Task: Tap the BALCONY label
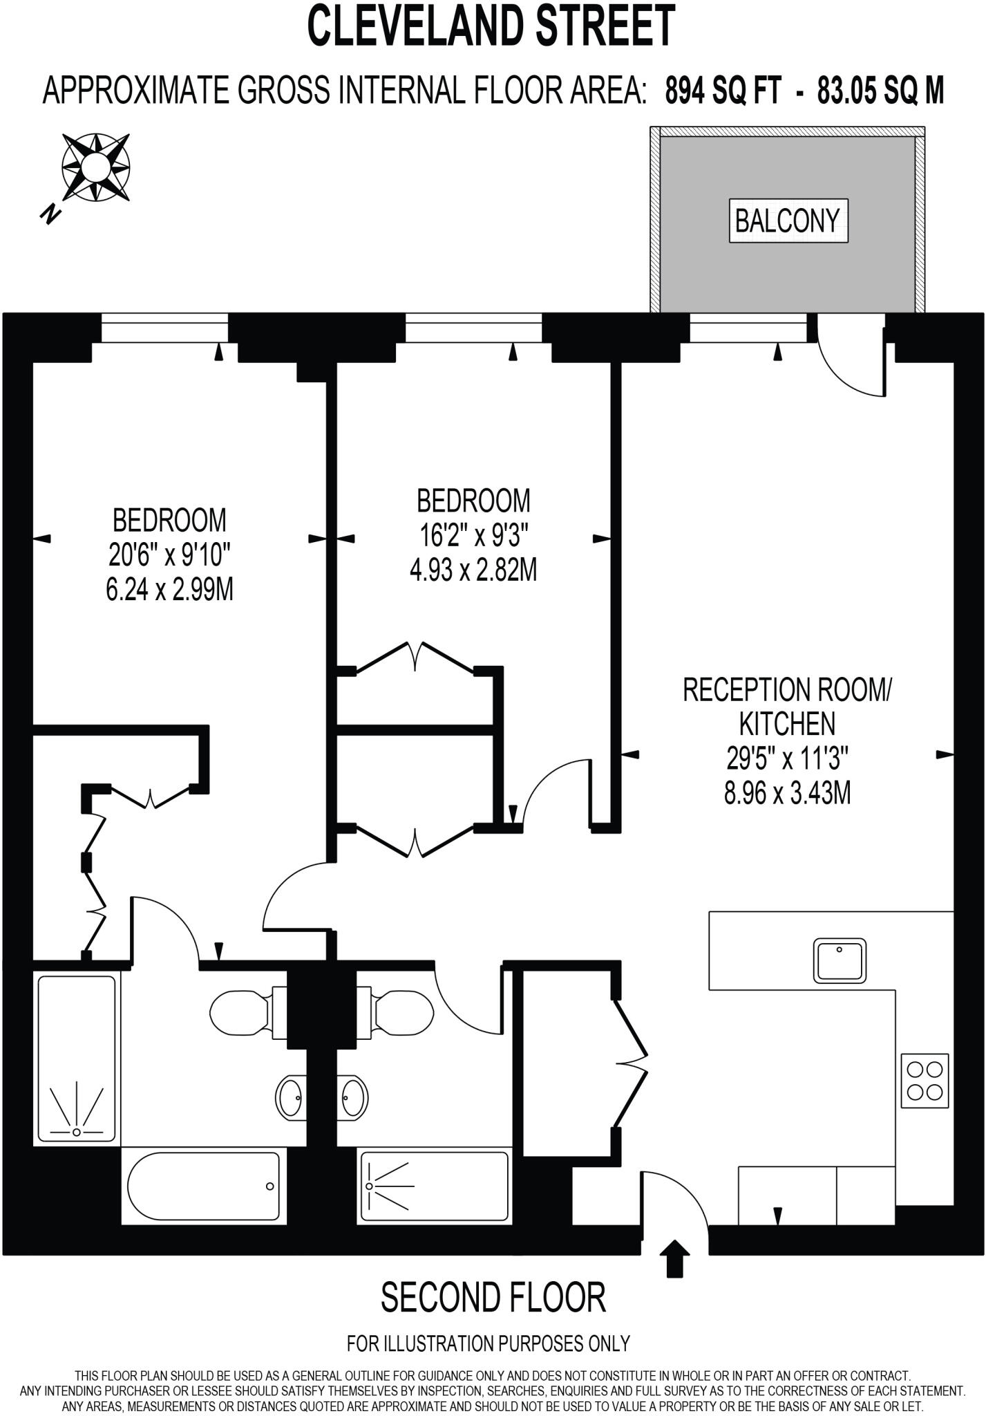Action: (x=788, y=221)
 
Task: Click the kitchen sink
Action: (x=840, y=960)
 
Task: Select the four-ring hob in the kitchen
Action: (x=925, y=1081)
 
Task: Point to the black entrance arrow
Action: (x=675, y=1258)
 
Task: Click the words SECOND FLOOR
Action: (x=493, y=1298)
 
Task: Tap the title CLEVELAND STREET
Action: (x=491, y=26)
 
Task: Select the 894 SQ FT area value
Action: (x=723, y=90)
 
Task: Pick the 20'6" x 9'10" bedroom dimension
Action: (x=169, y=554)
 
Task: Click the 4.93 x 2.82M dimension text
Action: (x=473, y=570)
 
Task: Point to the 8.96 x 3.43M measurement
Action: (x=787, y=794)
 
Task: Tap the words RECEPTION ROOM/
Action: (x=788, y=690)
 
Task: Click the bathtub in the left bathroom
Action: (x=201, y=1188)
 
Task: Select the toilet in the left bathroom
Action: (x=248, y=1013)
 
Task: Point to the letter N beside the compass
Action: (x=48, y=214)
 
